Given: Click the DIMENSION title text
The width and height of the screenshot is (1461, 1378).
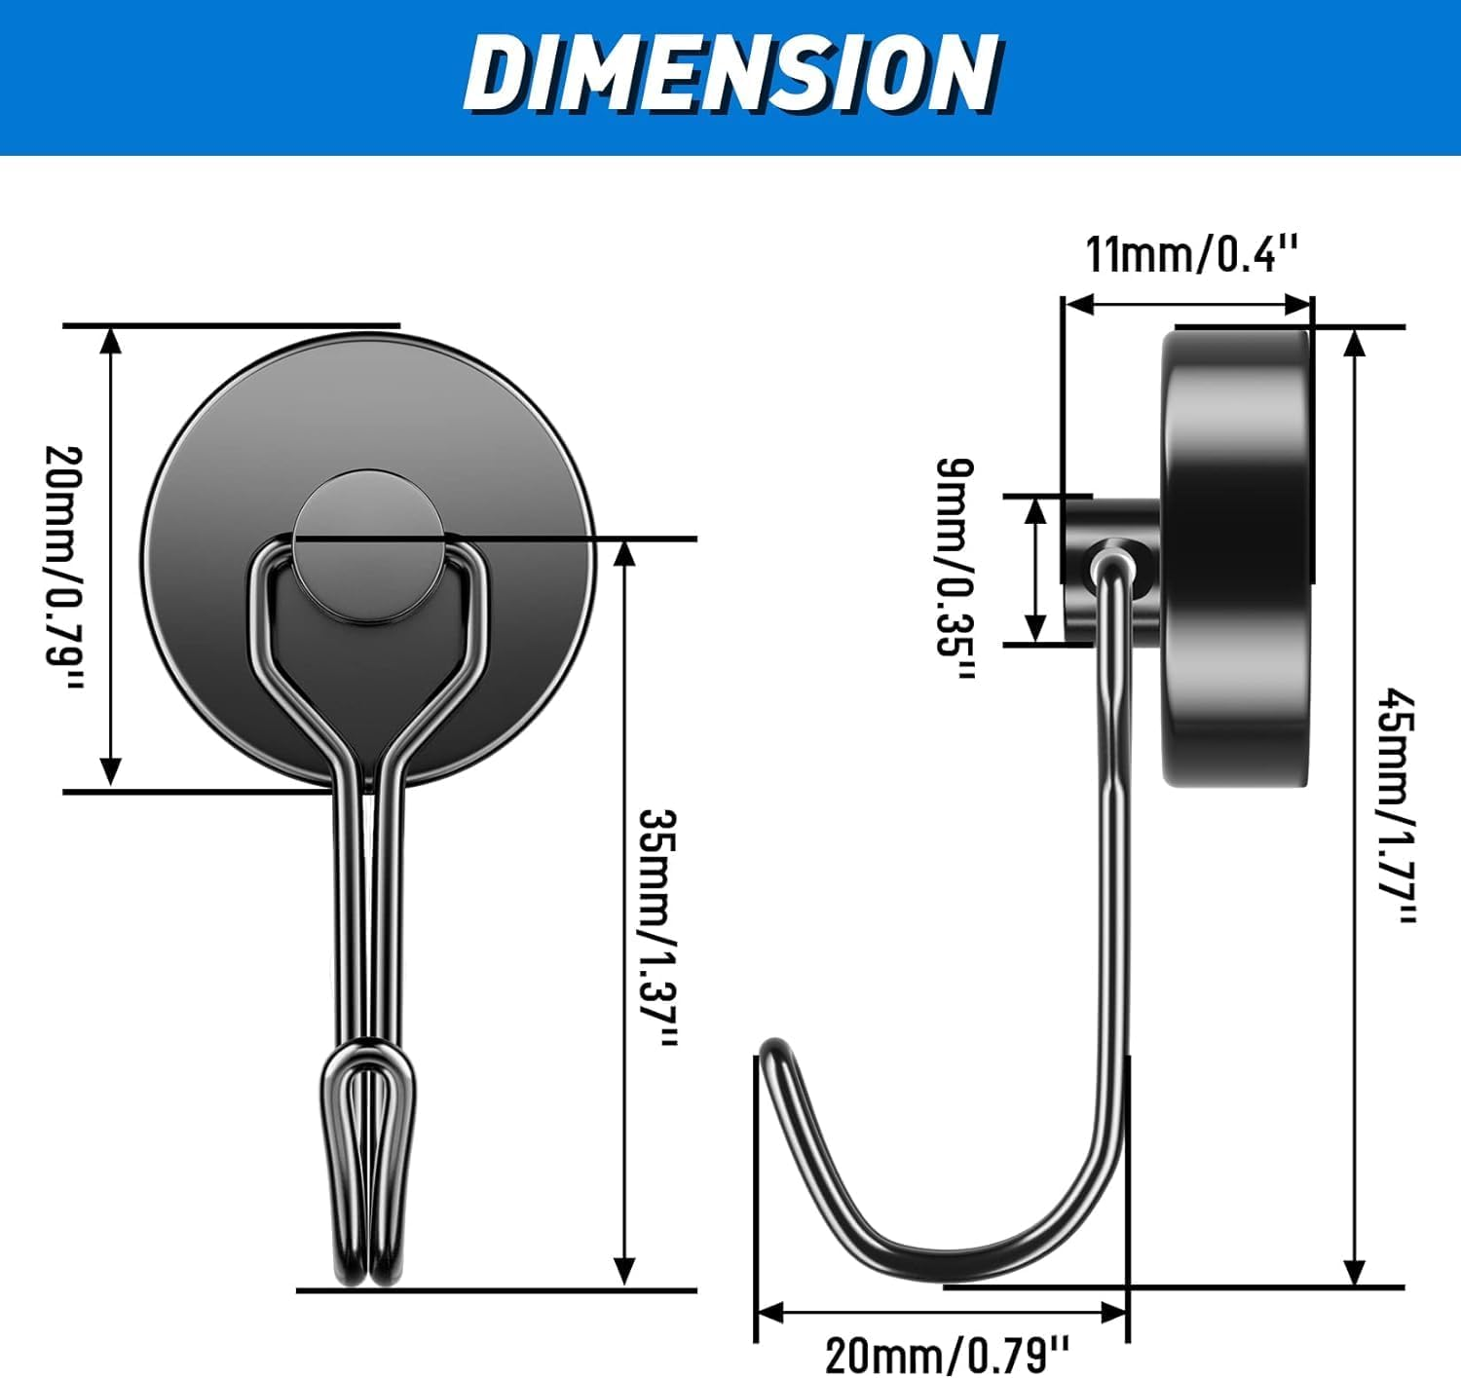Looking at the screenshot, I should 730,74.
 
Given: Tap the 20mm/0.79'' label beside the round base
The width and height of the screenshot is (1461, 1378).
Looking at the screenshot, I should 64,568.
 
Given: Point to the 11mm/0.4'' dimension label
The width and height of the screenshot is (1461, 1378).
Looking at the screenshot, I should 1192,254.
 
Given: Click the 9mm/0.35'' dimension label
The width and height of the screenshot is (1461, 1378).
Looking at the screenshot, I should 955,570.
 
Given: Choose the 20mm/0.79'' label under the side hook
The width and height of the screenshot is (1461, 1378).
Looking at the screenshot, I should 947,1354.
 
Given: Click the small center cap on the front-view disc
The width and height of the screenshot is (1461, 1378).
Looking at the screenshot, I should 369,547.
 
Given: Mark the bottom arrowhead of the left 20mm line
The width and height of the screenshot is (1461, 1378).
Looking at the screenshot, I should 111,771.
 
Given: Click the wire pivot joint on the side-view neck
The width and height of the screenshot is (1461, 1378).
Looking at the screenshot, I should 1113,557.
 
